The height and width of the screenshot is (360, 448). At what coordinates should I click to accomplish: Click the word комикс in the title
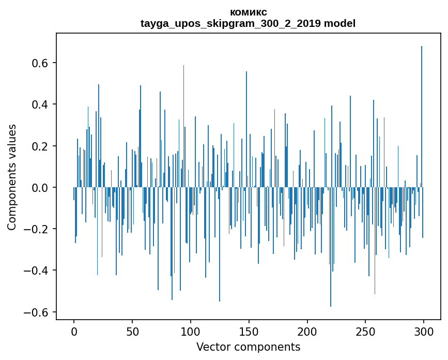pos(248,12)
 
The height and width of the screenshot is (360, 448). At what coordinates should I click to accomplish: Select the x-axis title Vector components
pos(248,347)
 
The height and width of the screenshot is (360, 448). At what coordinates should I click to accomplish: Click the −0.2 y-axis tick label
pos(37,229)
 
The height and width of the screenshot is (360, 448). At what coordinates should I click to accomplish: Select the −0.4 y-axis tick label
pos(37,271)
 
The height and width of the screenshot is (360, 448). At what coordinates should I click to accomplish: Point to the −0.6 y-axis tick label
pos(37,312)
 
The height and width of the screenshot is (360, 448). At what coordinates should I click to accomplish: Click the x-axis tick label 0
pos(74,332)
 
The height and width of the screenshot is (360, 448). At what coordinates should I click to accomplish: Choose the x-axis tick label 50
pos(132,332)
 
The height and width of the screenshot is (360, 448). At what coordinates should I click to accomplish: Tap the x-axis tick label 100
pos(191,332)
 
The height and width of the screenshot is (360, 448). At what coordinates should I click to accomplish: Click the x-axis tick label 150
pos(249,332)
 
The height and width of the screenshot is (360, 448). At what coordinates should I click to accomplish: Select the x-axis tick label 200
pos(307,332)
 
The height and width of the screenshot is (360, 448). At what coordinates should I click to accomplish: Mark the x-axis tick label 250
pos(365,332)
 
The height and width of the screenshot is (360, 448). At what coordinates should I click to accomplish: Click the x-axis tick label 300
pos(424,332)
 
